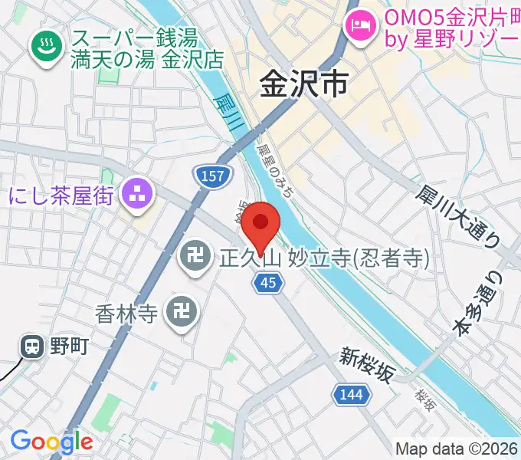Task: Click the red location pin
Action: click(261, 225)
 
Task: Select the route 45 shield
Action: click(268, 284)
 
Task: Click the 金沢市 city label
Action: click(303, 82)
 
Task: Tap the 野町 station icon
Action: click(33, 347)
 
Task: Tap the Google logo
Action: click(51, 441)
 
